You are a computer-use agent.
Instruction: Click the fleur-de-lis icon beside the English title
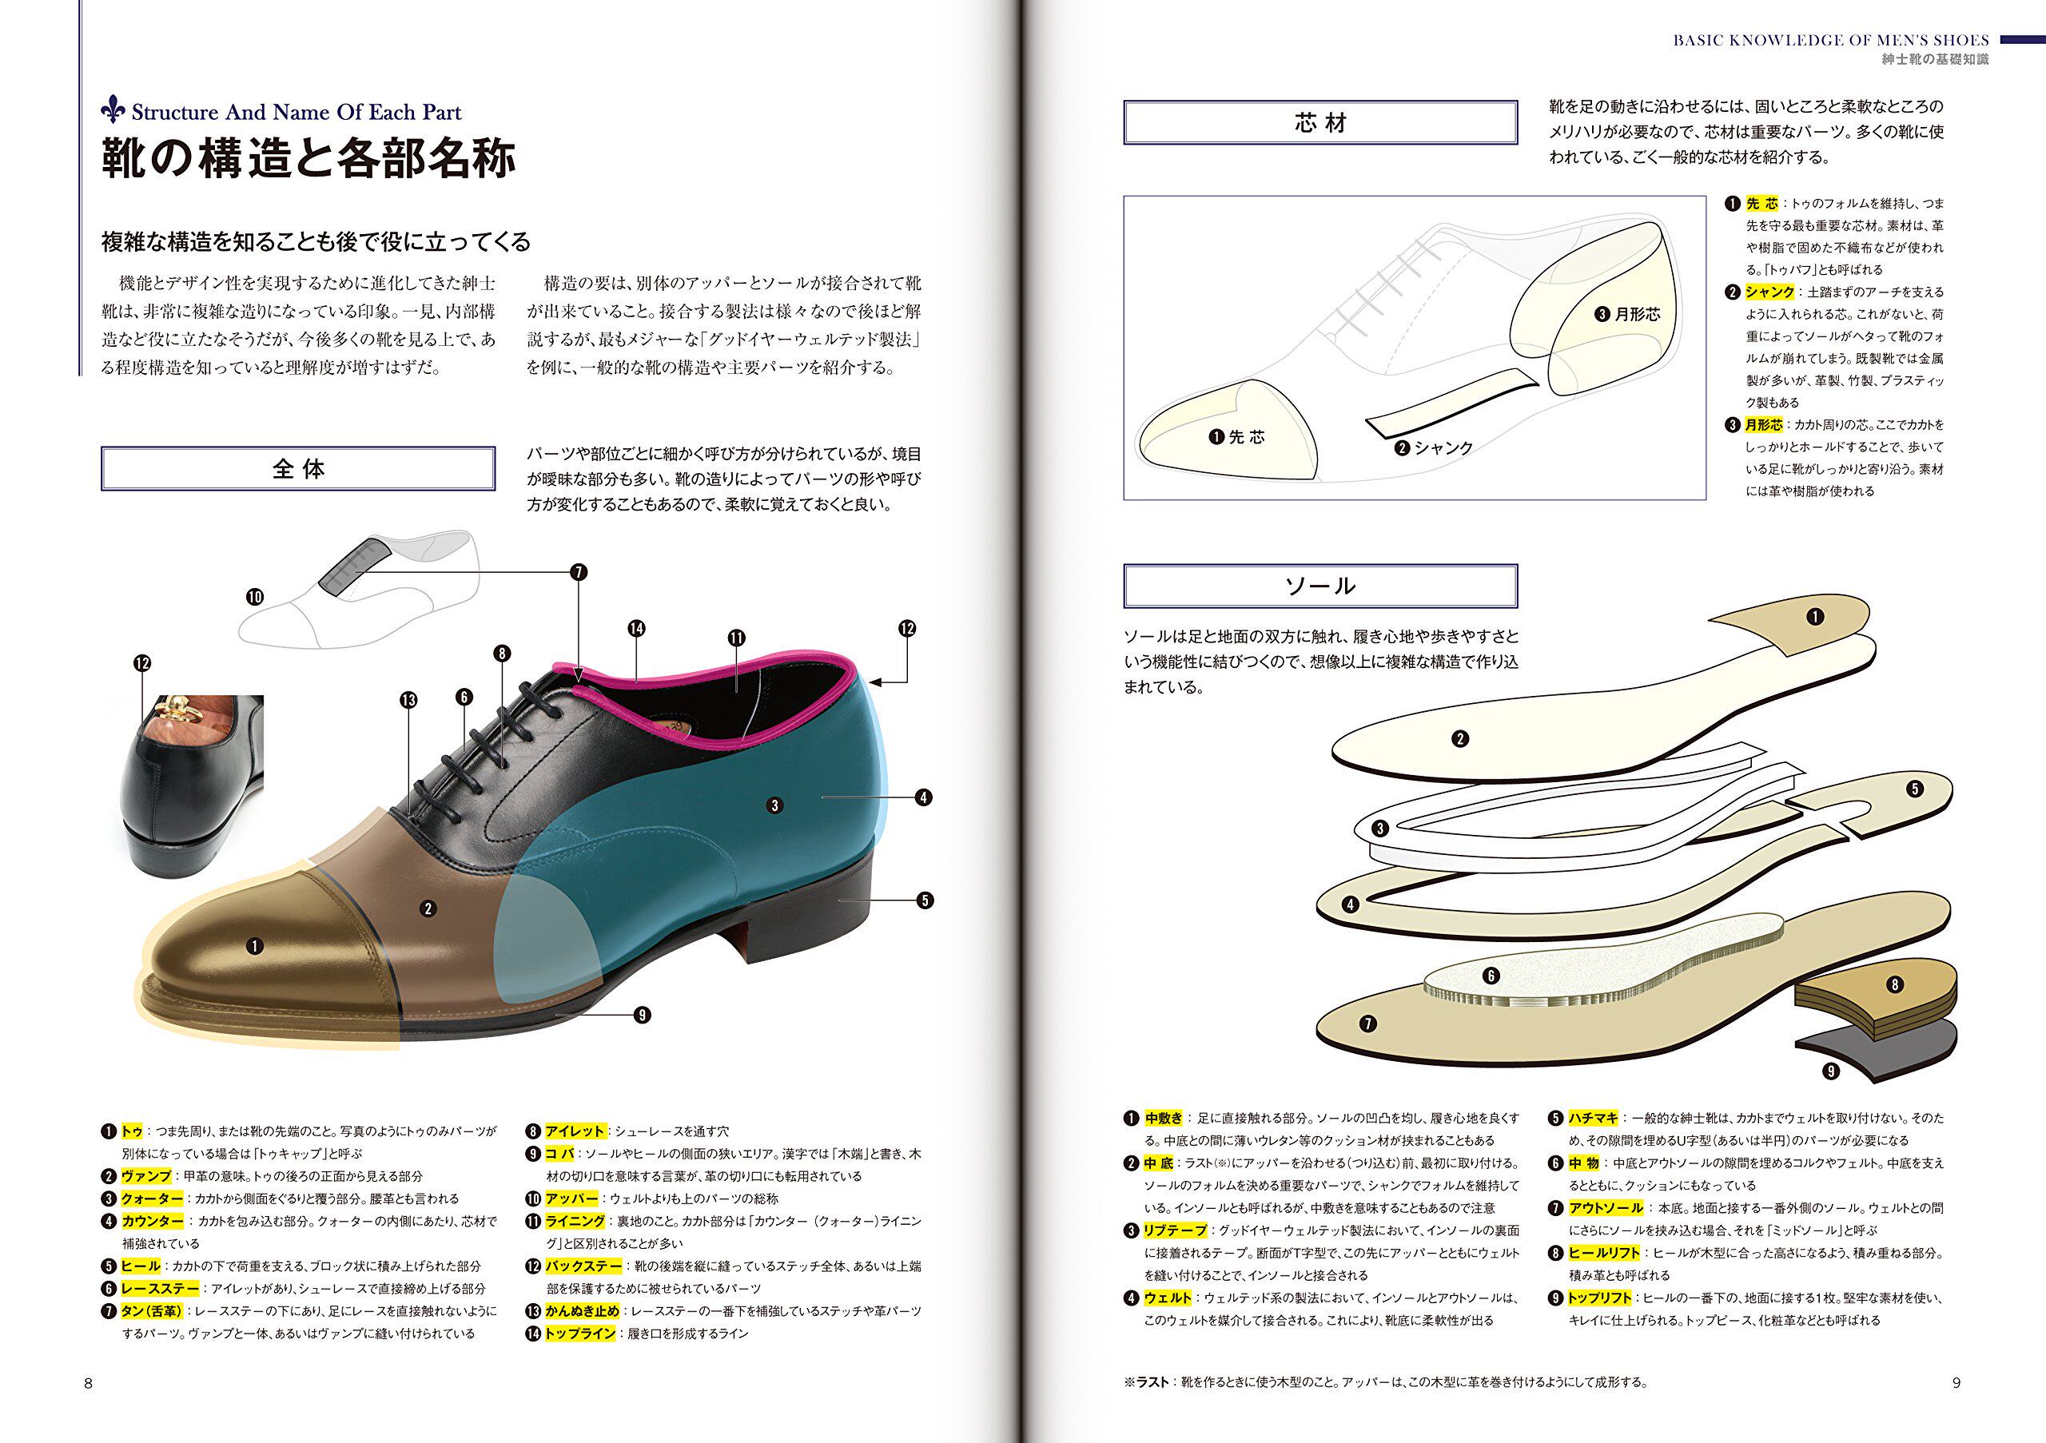click(x=113, y=110)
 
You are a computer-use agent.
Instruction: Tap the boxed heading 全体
click(x=297, y=468)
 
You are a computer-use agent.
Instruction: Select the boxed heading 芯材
click(x=1320, y=123)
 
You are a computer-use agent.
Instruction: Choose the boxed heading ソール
click(x=1320, y=586)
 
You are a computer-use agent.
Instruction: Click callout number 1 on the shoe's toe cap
click(x=255, y=946)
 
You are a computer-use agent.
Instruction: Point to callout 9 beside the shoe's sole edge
click(x=642, y=1015)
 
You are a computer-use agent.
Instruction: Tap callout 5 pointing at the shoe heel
click(x=925, y=900)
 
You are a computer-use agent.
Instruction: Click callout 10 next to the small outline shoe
click(x=255, y=597)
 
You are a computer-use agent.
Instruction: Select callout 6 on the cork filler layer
click(x=1491, y=976)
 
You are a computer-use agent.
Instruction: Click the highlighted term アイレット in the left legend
click(x=575, y=1131)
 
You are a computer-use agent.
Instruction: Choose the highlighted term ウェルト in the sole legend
click(x=1168, y=1298)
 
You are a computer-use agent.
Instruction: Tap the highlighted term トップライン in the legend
click(x=580, y=1334)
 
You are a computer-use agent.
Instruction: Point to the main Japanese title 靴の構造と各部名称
click(x=308, y=158)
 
